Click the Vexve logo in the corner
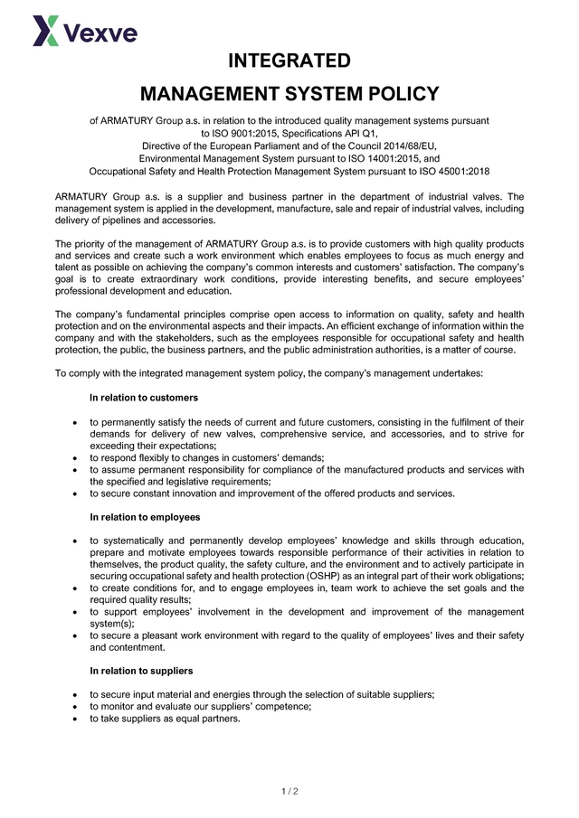[85, 32]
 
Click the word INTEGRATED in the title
[289, 61]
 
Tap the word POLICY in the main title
[398, 94]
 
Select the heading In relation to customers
[144, 398]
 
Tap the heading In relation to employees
[145, 517]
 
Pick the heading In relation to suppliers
[141, 671]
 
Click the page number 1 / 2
[289, 792]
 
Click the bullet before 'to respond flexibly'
[73, 458]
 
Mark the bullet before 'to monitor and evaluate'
[73, 707]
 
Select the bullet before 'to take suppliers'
[73, 719]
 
